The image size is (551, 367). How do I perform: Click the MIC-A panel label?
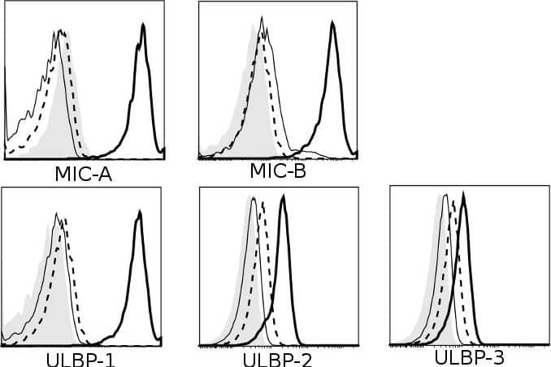[85, 173]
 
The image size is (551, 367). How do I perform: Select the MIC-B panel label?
[279, 170]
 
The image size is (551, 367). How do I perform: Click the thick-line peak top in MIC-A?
[143, 25]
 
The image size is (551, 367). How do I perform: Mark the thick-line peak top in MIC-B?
[332, 24]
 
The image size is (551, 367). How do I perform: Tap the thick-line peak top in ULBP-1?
[139, 212]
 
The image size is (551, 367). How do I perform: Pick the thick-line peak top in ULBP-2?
[283, 196]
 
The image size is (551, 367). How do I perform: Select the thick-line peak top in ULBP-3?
[463, 195]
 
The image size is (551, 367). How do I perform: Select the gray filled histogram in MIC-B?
[252, 114]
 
